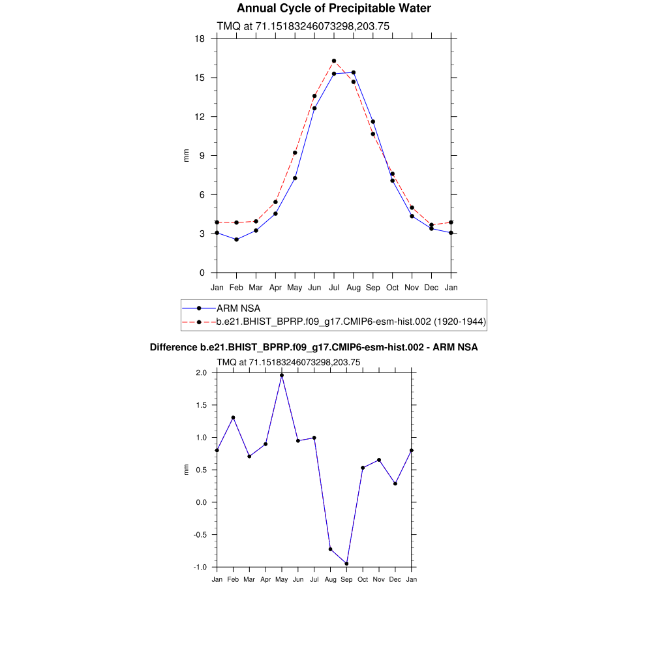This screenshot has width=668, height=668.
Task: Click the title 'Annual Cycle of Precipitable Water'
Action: pos(333,8)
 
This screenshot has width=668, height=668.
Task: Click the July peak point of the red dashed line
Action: pos(334,61)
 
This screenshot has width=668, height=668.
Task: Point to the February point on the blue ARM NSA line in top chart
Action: pos(236,239)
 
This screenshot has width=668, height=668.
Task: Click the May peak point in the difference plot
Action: pos(282,375)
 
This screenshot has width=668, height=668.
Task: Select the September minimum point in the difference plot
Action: pos(346,564)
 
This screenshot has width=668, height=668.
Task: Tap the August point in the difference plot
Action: pos(331,549)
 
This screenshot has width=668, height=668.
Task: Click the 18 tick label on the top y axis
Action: pos(200,38)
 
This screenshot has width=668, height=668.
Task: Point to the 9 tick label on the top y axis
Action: pos(202,155)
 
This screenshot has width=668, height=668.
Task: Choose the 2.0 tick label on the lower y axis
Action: pos(200,372)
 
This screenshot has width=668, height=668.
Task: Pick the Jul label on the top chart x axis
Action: pos(334,287)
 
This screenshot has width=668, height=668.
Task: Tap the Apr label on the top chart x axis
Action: pos(275,287)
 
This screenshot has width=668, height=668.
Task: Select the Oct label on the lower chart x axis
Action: pos(363,579)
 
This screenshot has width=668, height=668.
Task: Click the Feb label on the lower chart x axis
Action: pos(233,579)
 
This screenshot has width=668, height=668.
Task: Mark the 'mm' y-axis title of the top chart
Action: pos(186,155)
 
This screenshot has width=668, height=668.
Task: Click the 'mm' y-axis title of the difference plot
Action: pos(186,470)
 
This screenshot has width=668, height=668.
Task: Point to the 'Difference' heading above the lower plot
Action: pos(174,348)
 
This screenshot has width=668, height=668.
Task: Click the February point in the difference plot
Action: pos(233,417)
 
